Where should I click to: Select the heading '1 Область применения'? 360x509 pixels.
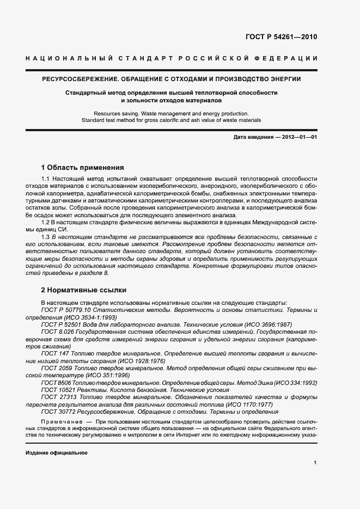83,167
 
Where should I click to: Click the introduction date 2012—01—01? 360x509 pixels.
298,137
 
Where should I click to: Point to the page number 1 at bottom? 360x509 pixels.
315,463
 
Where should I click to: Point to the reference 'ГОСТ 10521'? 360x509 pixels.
57,390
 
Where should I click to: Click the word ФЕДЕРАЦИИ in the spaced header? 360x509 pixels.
289,58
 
